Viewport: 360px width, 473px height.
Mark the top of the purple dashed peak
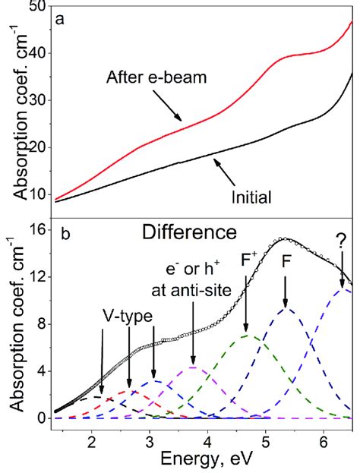[194, 367]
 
